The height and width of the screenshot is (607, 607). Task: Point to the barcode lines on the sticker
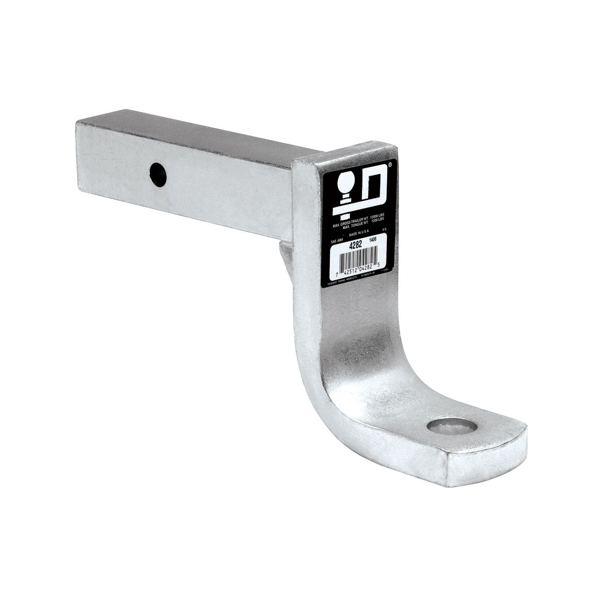pyautogui.click(x=358, y=261)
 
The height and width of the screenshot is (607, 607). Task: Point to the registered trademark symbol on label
pyautogui.click(x=390, y=165)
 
